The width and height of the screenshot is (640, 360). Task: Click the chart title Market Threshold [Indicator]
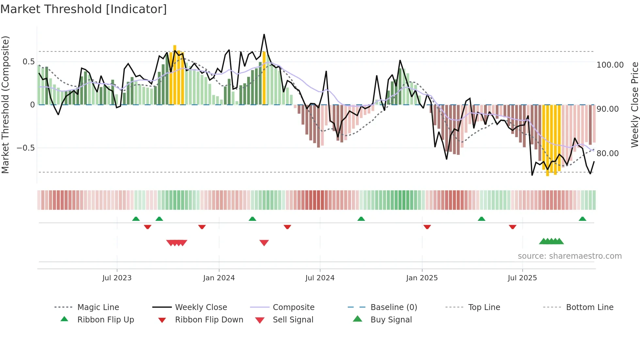(x=84, y=9)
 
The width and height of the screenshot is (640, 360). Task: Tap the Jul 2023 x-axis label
(x=117, y=278)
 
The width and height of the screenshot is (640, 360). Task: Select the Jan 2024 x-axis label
(x=219, y=278)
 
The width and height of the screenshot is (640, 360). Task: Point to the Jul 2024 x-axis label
(x=320, y=278)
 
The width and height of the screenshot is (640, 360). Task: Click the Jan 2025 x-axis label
(x=422, y=278)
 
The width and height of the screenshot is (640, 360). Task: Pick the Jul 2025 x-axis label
(x=522, y=278)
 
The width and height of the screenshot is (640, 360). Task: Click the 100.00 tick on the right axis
(x=610, y=65)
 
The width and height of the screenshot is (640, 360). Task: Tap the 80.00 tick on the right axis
(x=607, y=154)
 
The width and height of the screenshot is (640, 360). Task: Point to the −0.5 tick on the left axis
(x=26, y=148)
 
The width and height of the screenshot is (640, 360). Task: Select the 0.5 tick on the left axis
(x=28, y=62)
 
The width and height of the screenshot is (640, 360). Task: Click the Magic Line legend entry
(x=98, y=307)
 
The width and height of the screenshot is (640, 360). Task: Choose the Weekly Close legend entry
(x=201, y=307)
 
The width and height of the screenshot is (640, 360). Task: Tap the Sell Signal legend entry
(x=293, y=320)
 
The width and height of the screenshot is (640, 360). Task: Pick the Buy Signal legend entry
(x=391, y=320)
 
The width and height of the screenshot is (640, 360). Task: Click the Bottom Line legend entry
(x=589, y=307)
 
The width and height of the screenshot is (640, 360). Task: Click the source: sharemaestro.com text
(x=569, y=256)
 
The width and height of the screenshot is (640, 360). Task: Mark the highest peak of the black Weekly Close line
(x=264, y=35)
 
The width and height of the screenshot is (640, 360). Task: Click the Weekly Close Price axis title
(x=634, y=105)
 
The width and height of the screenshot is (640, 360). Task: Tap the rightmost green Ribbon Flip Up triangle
(x=582, y=219)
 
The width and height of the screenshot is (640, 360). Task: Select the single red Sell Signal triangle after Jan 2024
(x=264, y=243)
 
